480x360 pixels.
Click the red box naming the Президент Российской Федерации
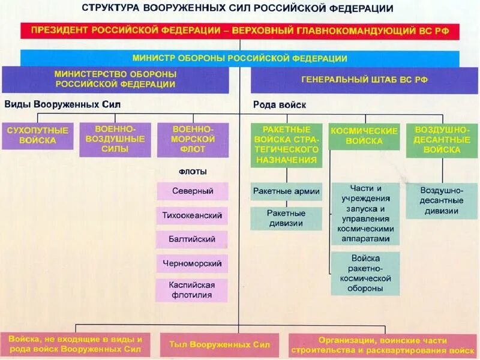click(239, 31)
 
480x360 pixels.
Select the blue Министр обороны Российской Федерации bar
click(239, 58)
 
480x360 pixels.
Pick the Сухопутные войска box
click(37, 136)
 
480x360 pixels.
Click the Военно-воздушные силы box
click(115, 139)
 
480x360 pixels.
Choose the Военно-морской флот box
click(193, 139)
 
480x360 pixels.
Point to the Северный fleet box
click(193, 191)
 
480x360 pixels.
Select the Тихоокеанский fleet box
click(193, 215)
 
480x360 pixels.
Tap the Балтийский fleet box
click(193, 239)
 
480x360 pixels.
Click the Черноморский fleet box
click(193, 263)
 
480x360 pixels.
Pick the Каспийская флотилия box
click(193, 290)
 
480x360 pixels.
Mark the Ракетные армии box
click(286, 191)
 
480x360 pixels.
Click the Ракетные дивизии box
click(286, 218)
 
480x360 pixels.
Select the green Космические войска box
click(364, 136)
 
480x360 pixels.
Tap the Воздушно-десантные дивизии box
click(442, 200)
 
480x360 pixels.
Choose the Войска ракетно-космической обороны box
click(365, 274)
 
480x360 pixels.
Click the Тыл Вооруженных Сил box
click(220, 344)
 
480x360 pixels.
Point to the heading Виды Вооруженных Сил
click(62, 104)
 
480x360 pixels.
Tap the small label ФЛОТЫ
click(193, 172)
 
